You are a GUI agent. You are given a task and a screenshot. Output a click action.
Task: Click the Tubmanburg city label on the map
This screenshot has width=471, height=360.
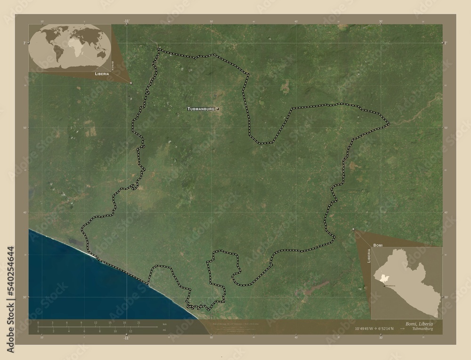click(201, 109)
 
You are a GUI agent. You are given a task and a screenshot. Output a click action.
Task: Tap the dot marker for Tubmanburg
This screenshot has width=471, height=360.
click(218, 109)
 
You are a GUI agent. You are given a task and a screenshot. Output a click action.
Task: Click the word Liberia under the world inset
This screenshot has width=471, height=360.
click(102, 74)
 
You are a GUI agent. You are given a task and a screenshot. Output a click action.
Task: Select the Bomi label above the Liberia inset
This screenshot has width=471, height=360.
click(378, 246)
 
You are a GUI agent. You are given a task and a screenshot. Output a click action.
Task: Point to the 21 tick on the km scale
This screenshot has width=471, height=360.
click(138, 323)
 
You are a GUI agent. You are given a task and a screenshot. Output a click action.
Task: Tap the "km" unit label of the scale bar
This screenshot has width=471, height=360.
click(165, 325)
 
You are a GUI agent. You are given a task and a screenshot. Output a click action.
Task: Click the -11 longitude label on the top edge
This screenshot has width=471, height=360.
click(126, 21)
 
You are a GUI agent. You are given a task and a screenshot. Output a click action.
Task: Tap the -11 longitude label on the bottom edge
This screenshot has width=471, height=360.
click(126, 338)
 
